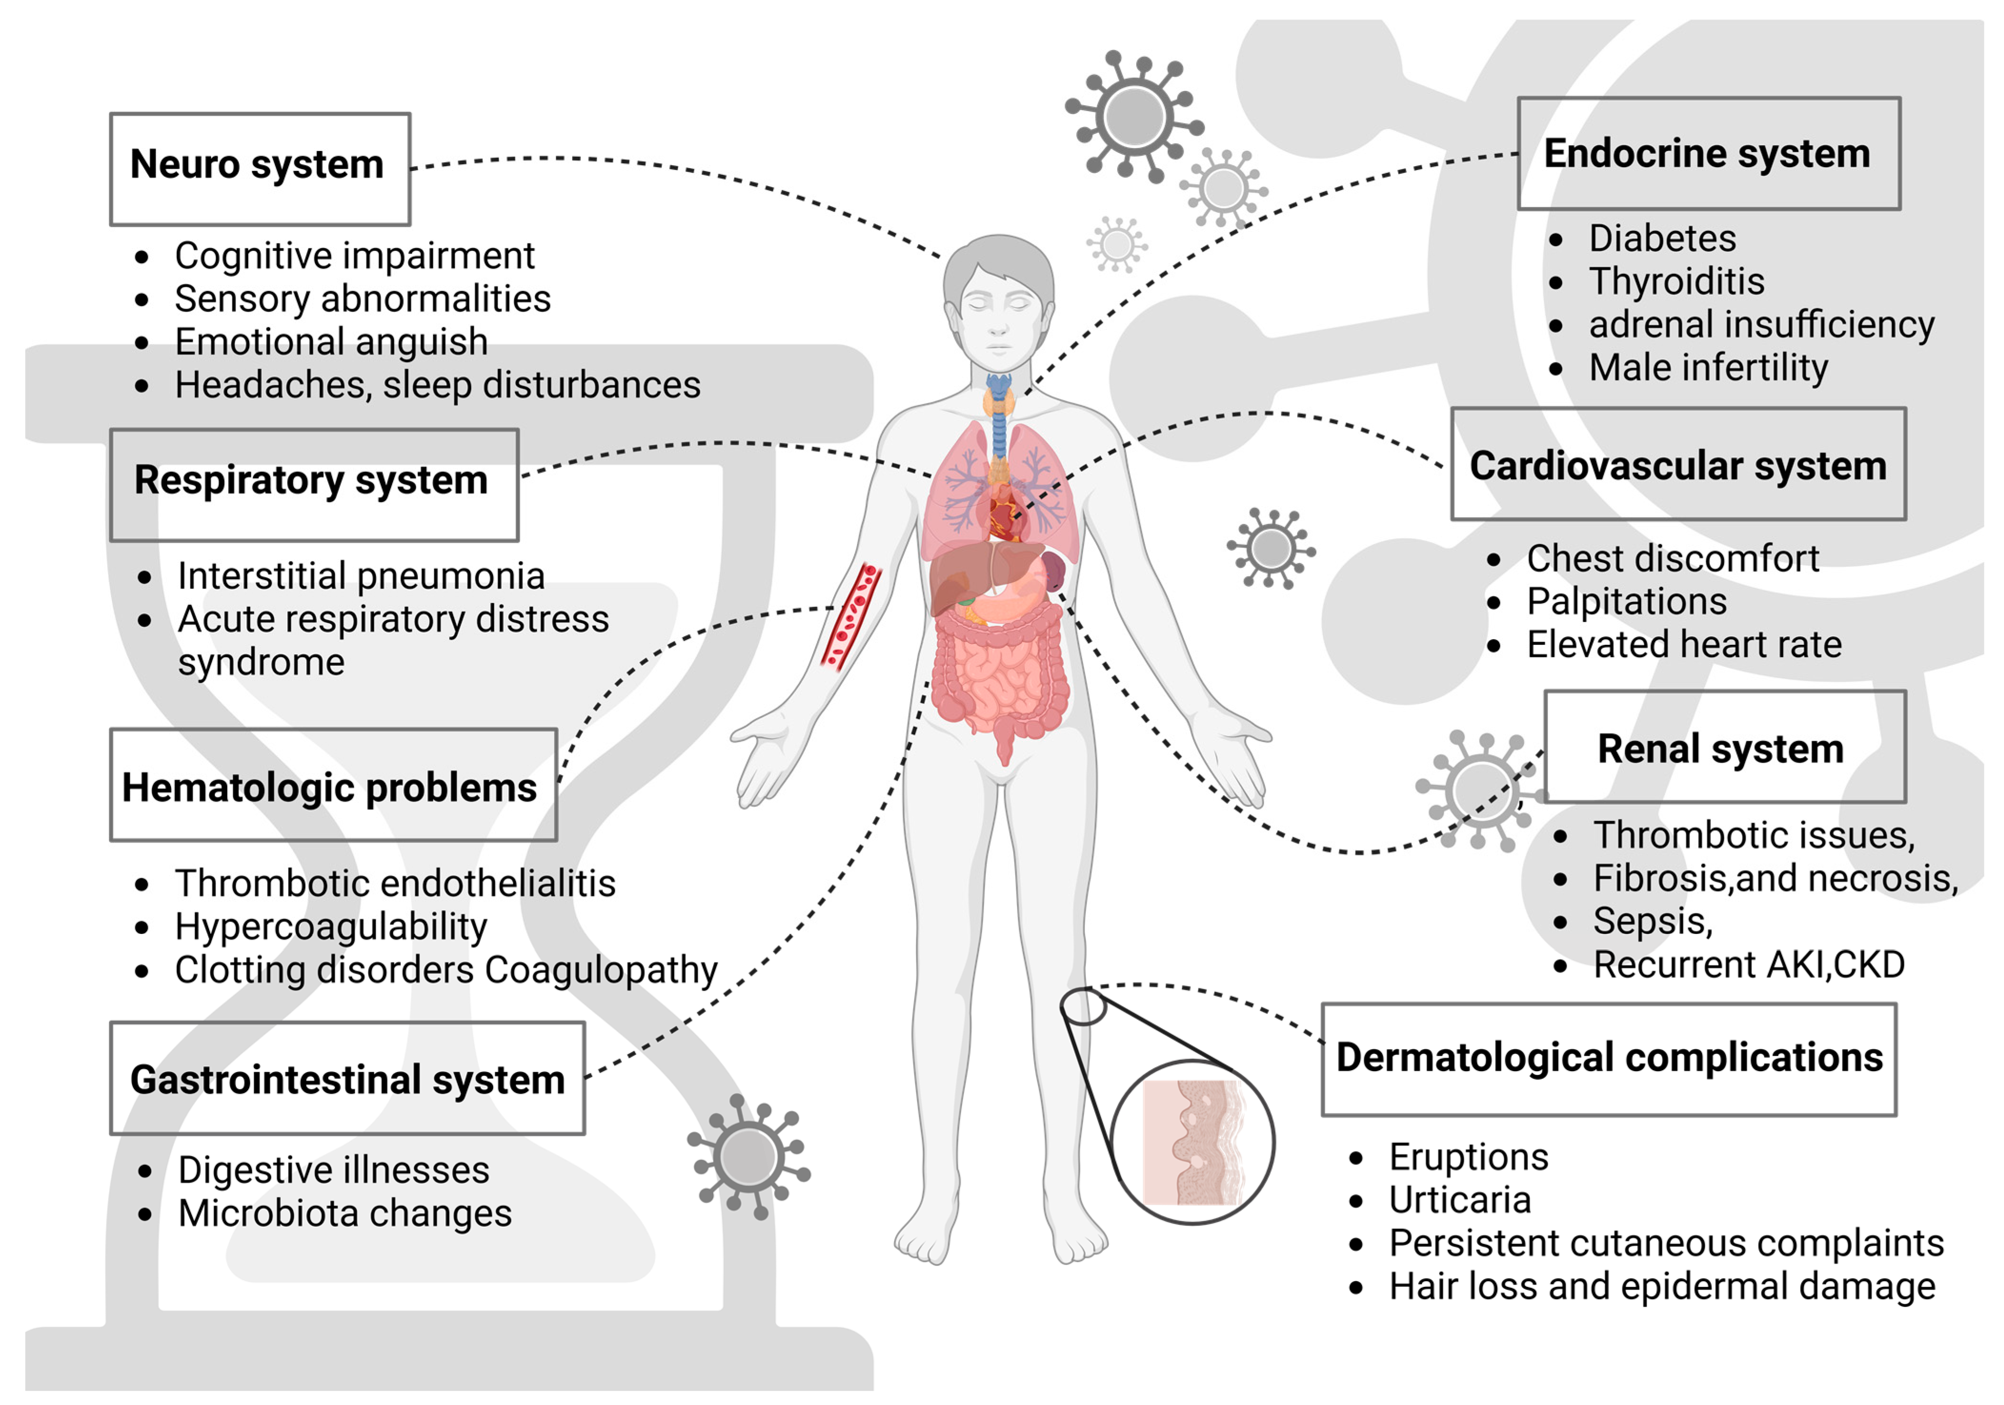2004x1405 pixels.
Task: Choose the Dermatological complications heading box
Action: (x=1609, y=1059)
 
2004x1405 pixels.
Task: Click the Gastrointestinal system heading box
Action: (x=347, y=1079)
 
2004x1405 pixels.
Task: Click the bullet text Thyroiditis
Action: (x=1676, y=281)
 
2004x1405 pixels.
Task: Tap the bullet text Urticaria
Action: (x=1460, y=1200)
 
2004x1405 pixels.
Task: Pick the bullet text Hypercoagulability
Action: (x=331, y=926)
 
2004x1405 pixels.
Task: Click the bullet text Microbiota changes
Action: (x=345, y=1213)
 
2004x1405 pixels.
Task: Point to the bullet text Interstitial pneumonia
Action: (x=362, y=576)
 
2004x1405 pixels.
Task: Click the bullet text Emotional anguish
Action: (x=331, y=341)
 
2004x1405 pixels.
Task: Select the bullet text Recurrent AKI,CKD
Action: (x=1748, y=964)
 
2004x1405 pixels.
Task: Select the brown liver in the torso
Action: (x=969, y=576)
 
